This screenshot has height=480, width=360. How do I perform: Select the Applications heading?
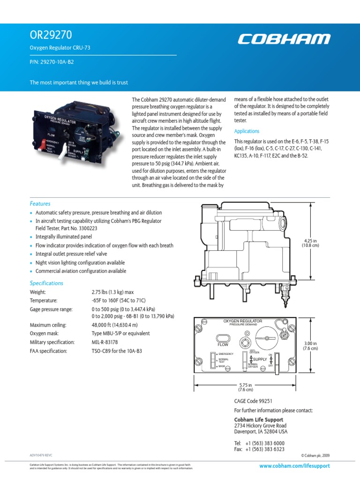(x=247, y=131)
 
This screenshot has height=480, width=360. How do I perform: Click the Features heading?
(x=40, y=204)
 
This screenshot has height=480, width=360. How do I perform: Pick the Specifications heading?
(x=46, y=283)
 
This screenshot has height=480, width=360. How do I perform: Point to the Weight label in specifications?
(x=38, y=292)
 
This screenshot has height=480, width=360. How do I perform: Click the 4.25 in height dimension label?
(x=310, y=242)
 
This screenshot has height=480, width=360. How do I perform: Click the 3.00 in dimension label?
(x=310, y=345)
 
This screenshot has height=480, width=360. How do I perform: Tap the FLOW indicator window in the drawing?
(x=223, y=338)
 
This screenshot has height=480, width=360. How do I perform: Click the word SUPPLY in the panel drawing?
(x=260, y=359)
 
